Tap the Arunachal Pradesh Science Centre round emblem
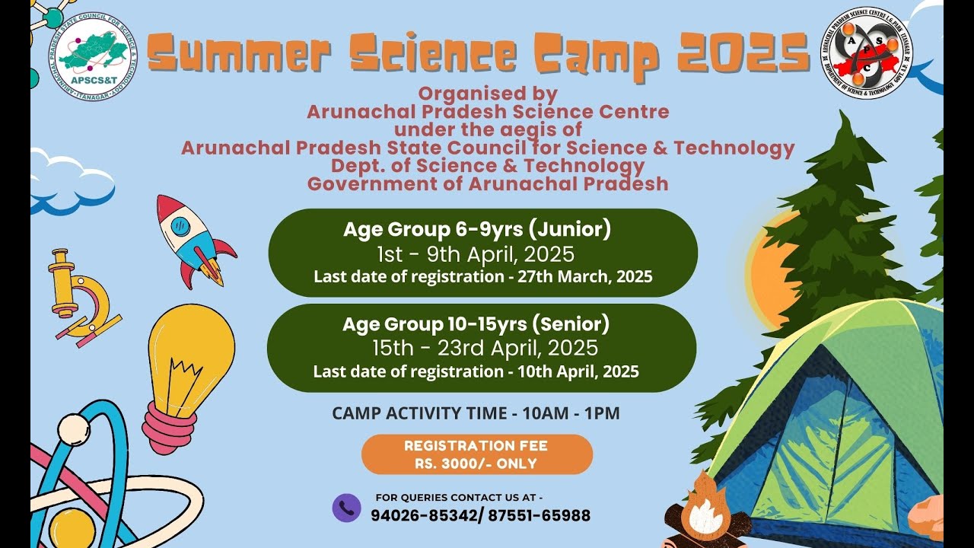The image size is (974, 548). click(x=867, y=58)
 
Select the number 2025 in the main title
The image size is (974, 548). click(x=743, y=55)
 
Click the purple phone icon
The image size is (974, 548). click(x=346, y=508)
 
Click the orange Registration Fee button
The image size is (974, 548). click(x=476, y=454)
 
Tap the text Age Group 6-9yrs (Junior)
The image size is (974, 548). click(x=477, y=229)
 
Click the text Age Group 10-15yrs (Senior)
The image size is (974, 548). click(x=476, y=325)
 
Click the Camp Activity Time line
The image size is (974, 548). click(x=476, y=414)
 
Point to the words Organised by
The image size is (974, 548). click(x=488, y=94)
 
